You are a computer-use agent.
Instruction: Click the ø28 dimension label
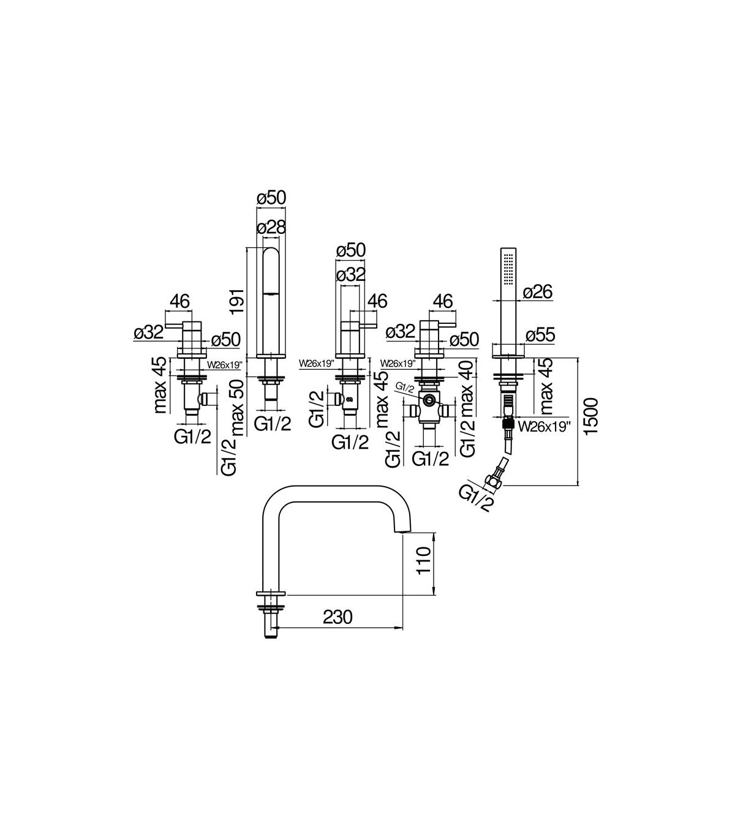tap(271, 227)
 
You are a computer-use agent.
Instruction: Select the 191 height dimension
tap(236, 302)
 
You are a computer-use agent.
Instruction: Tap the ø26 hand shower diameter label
tap(538, 291)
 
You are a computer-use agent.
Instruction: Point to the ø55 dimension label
tap(540, 335)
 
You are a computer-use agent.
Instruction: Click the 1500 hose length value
tap(592, 416)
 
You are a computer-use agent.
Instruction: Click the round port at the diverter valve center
tap(429, 400)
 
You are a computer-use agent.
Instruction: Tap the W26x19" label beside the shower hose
tap(545, 427)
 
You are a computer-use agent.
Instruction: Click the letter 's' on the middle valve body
tap(350, 398)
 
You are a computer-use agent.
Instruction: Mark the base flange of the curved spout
tap(270, 594)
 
